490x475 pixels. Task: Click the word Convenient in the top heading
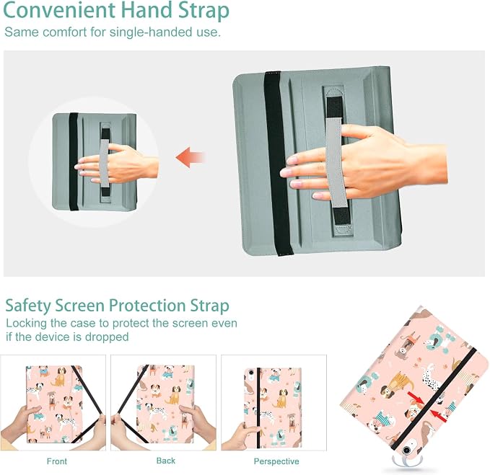[59, 10]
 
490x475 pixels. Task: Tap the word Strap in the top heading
[204, 12]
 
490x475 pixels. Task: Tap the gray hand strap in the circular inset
[104, 163]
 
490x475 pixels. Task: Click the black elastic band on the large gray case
[278, 163]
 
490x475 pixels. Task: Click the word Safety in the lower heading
[28, 306]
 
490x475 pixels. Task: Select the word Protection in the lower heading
[147, 305]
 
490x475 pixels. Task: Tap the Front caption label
[57, 461]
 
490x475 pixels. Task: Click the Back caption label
[166, 461]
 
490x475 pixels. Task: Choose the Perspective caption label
[276, 461]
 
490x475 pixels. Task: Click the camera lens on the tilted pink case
[406, 450]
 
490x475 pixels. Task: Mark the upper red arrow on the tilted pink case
[416, 398]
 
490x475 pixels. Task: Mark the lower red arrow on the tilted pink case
[439, 415]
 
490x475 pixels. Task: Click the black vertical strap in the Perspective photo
[258, 407]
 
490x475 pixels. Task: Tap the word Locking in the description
[26, 324]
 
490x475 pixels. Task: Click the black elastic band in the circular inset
[74, 161]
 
